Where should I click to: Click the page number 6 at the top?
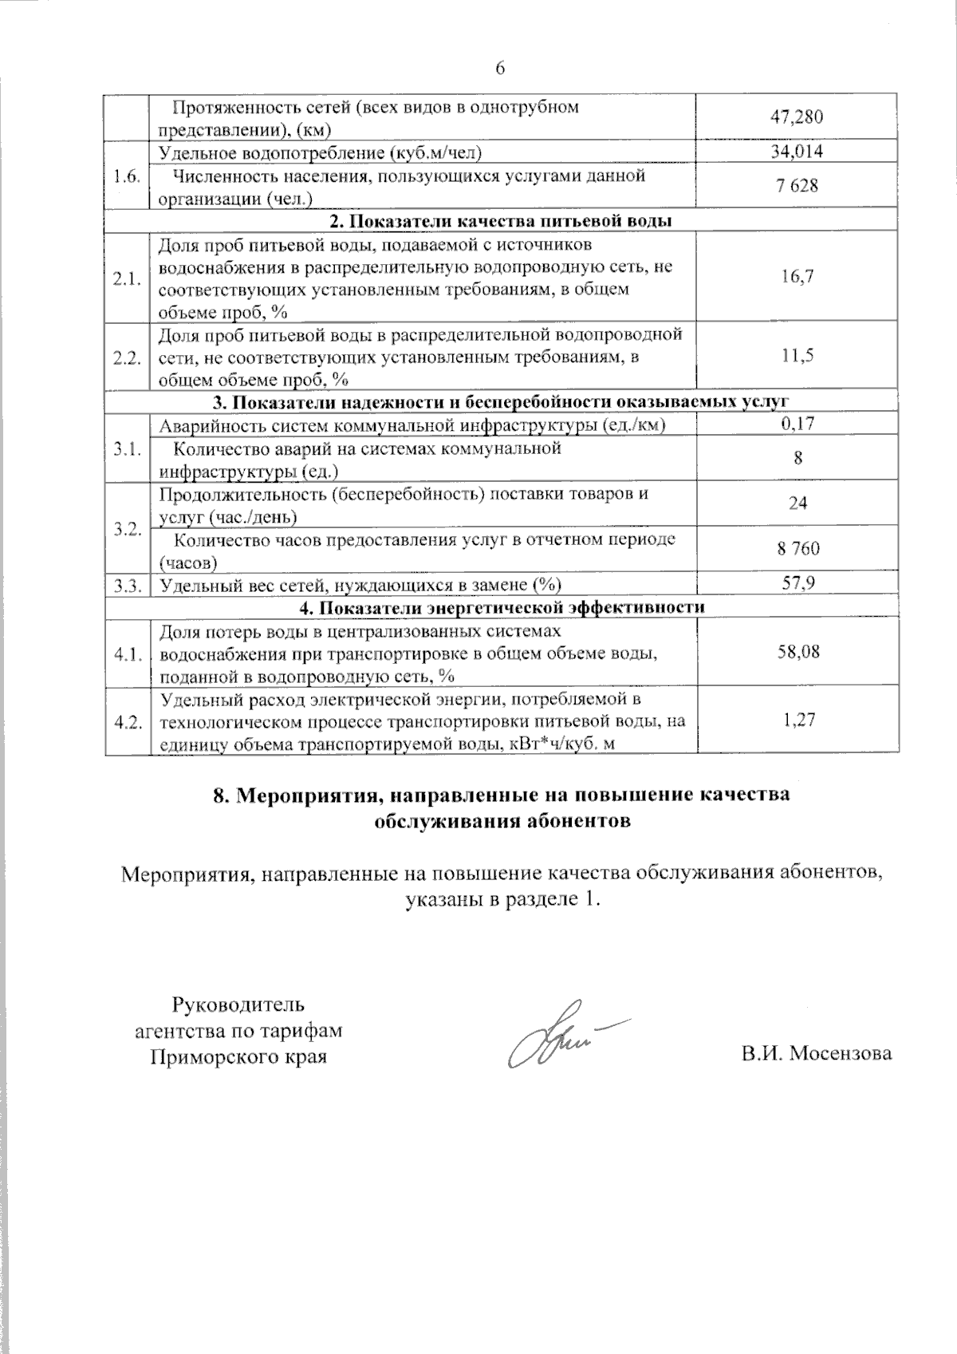[x=501, y=68]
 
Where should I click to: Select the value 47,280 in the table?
[x=797, y=118]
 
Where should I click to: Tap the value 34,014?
[x=797, y=152]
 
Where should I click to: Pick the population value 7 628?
[x=797, y=186]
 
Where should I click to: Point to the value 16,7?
[x=797, y=276]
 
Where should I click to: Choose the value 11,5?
[x=797, y=356]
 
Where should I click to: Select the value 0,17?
[x=797, y=424]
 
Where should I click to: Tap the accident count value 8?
[x=797, y=458]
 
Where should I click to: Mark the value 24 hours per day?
[x=797, y=503]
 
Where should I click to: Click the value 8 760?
[x=797, y=549]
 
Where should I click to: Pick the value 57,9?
[x=797, y=584]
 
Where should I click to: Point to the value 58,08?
[x=797, y=652]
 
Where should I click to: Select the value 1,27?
[x=797, y=720]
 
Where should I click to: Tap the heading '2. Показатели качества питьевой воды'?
[x=500, y=220]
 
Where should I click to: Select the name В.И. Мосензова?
[x=815, y=1053]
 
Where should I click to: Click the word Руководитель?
[x=238, y=1004]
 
